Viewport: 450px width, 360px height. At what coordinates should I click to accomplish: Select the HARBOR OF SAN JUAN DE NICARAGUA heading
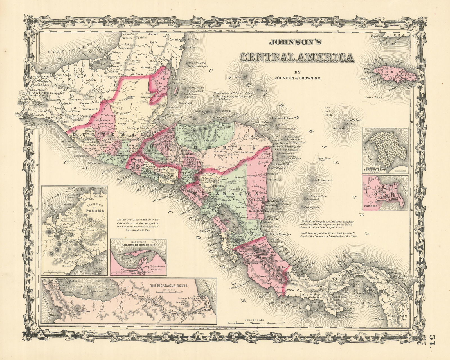(138, 243)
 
